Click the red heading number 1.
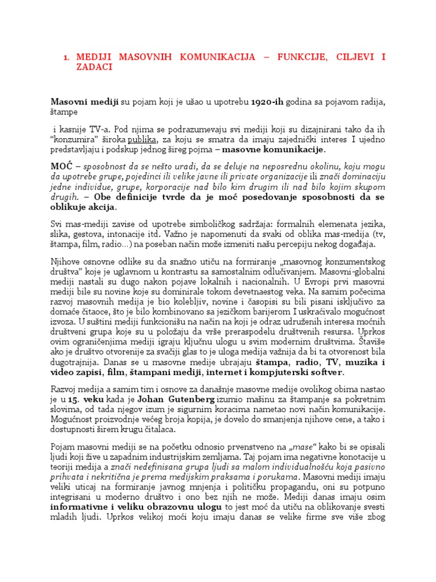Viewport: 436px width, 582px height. point(65,57)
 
